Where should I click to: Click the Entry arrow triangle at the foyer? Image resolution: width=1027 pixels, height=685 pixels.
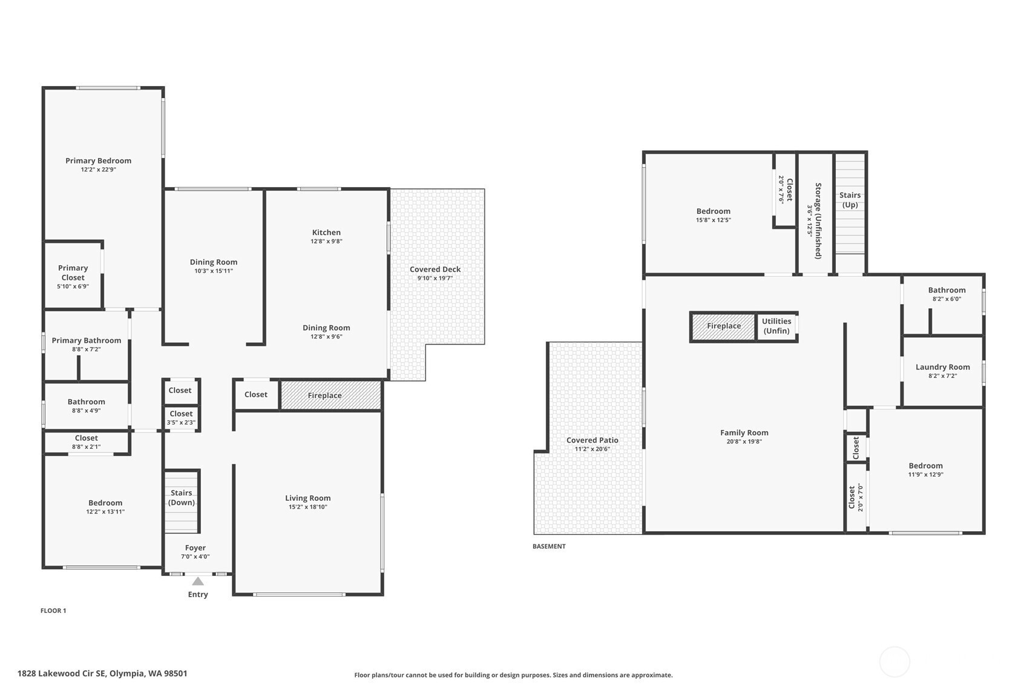tap(198, 581)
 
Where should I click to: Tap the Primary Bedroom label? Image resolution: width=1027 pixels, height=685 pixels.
tap(98, 160)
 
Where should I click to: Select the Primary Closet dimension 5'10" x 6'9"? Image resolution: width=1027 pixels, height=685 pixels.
tap(73, 286)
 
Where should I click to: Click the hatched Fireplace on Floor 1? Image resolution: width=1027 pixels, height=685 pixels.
tap(330, 395)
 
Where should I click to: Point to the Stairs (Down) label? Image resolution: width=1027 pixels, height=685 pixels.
tap(181, 497)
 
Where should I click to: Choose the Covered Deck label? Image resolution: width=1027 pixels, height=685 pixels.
tap(435, 270)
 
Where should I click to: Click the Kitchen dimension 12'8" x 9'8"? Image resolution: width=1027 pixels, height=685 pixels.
tap(326, 241)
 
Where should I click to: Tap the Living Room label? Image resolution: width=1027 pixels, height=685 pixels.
tap(307, 498)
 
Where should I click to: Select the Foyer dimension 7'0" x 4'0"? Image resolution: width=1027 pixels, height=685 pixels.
tap(195, 557)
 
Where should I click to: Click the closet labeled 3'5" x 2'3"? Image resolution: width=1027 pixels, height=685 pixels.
tap(182, 418)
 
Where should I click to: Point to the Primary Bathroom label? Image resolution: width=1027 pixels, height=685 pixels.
tap(86, 340)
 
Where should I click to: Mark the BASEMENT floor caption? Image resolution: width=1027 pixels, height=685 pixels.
tap(549, 546)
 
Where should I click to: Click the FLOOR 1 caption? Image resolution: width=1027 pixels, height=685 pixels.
tap(53, 611)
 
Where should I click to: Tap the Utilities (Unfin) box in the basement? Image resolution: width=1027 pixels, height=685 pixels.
tap(776, 326)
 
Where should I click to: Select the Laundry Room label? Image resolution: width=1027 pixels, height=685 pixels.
tap(943, 367)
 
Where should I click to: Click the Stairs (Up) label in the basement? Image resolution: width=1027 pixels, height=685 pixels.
tap(850, 200)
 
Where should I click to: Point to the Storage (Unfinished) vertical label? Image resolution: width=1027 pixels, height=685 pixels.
tap(818, 220)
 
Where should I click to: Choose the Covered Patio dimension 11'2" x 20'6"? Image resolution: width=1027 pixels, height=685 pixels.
tap(592, 449)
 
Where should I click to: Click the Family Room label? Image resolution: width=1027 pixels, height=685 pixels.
tap(744, 432)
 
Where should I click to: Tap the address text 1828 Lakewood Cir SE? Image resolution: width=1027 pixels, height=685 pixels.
tap(62, 673)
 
